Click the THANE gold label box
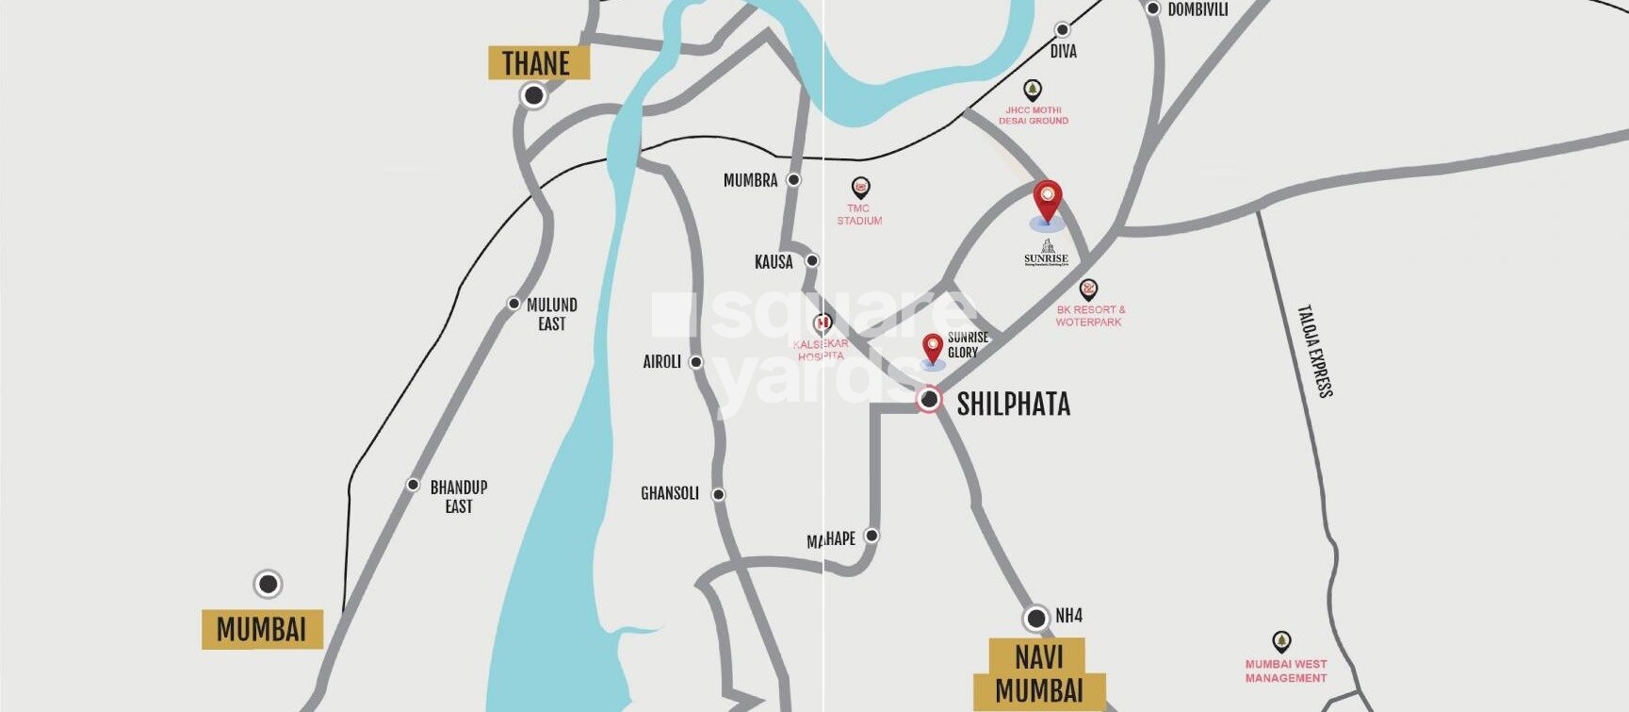click(x=538, y=63)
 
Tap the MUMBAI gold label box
click(x=262, y=629)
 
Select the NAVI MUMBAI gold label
click(x=1039, y=673)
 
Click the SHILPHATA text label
click(x=1013, y=405)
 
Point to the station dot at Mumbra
click(x=794, y=179)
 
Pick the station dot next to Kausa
click(x=812, y=260)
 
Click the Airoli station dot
click(x=696, y=362)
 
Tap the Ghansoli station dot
click(x=719, y=494)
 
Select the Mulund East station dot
click(x=513, y=304)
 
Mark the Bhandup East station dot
click(x=413, y=485)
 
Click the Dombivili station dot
click(x=1153, y=8)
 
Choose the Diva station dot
click(x=1063, y=30)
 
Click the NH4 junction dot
click(x=1036, y=619)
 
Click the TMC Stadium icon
click(x=860, y=188)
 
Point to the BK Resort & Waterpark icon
click(x=1088, y=289)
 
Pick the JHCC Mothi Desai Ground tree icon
click(x=1033, y=91)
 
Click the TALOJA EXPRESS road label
click(x=1314, y=351)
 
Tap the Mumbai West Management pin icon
click(x=1281, y=642)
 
